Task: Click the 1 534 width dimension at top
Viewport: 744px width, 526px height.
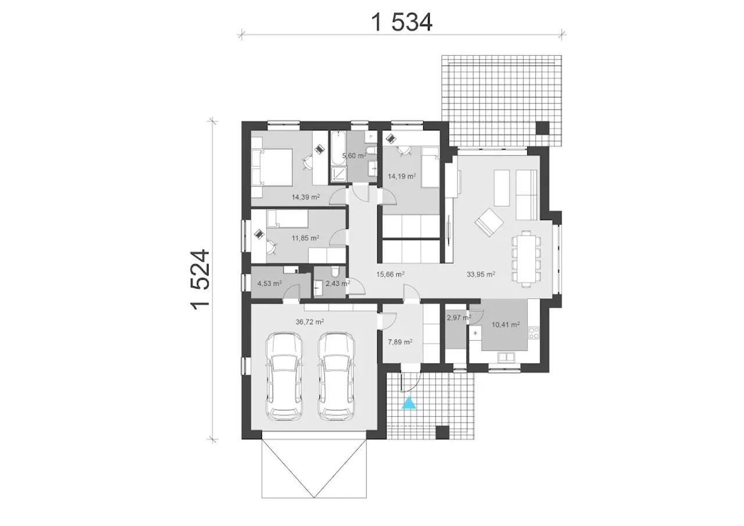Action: pos(402,22)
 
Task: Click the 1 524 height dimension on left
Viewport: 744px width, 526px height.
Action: pos(201,280)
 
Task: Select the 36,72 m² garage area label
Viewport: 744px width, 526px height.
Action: pos(310,322)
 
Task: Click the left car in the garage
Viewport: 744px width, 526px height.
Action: pos(284,376)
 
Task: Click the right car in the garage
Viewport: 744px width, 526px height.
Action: pos(336,376)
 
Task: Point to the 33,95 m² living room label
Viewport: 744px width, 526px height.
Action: pos(481,274)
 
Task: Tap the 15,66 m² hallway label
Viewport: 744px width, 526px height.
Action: pos(390,274)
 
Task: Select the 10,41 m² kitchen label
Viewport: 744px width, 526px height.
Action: pos(506,324)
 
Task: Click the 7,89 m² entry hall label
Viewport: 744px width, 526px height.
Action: pos(400,342)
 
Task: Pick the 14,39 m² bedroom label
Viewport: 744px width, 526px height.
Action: pos(306,197)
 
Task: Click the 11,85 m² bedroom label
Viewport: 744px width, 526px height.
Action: pos(305,238)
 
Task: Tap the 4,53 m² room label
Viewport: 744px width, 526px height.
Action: pos(270,283)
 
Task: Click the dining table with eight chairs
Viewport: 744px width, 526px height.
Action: pos(526,259)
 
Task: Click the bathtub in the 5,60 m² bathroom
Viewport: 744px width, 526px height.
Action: pos(338,148)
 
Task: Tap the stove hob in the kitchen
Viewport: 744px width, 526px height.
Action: pos(534,333)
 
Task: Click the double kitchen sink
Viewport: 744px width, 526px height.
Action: pos(506,357)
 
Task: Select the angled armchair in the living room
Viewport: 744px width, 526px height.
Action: pos(489,222)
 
